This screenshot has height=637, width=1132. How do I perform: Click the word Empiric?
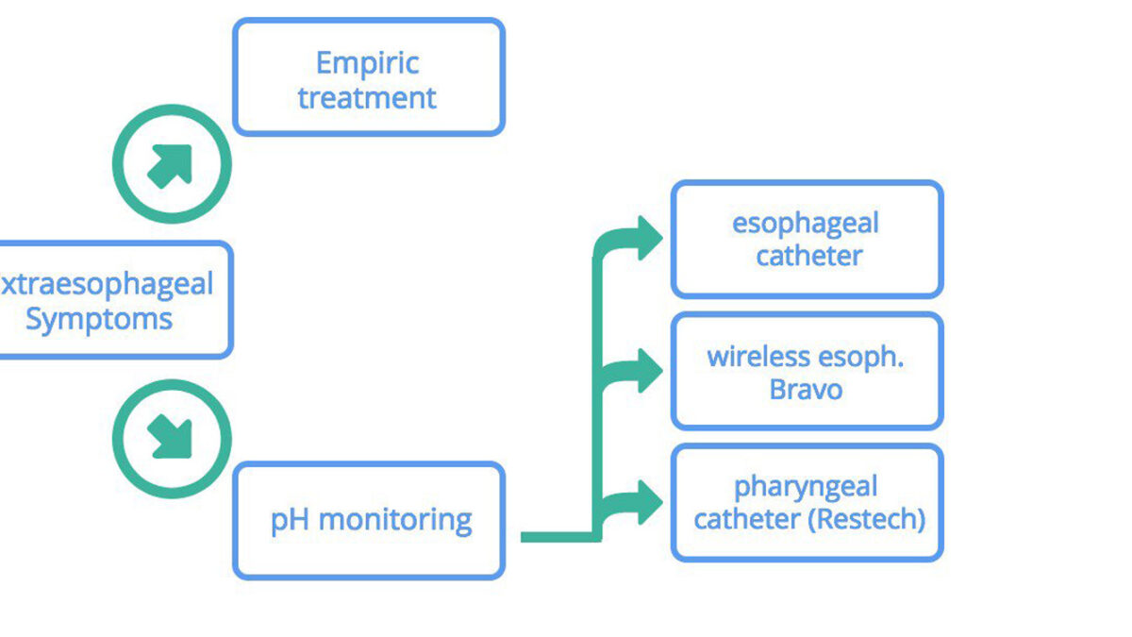[367, 64]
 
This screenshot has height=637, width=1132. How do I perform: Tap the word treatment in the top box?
[367, 97]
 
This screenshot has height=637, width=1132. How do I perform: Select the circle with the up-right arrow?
[172, 164]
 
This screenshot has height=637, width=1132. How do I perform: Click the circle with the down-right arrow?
[172, 439]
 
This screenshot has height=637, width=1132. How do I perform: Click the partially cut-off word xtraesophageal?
[107, 285]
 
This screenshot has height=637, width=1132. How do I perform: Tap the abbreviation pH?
[290, 520]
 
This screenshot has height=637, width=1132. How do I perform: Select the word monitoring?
[395, 520]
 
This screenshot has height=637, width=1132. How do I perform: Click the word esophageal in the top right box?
[806, 225]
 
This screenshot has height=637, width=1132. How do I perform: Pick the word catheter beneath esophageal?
[809, 256]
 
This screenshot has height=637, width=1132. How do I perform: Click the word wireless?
[758, 357]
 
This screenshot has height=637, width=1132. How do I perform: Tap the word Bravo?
[806, 390]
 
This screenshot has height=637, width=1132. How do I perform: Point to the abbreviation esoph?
[860, 358]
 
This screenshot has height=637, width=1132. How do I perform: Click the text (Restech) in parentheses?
[866, 520]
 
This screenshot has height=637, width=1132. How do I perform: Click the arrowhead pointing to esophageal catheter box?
[650, 238]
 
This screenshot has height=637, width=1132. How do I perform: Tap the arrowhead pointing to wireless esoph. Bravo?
[650, 371]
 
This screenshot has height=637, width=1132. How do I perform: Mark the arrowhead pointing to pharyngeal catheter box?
[650, 502]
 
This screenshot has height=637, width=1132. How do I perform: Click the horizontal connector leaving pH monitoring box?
[561, 537]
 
